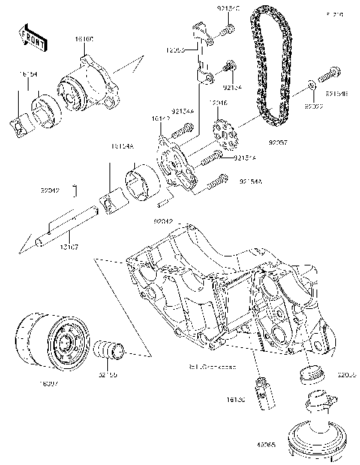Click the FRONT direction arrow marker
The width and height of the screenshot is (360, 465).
(29, 34)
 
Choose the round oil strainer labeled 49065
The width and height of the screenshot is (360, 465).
(316, 436)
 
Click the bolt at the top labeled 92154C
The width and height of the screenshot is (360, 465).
(226, 30)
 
